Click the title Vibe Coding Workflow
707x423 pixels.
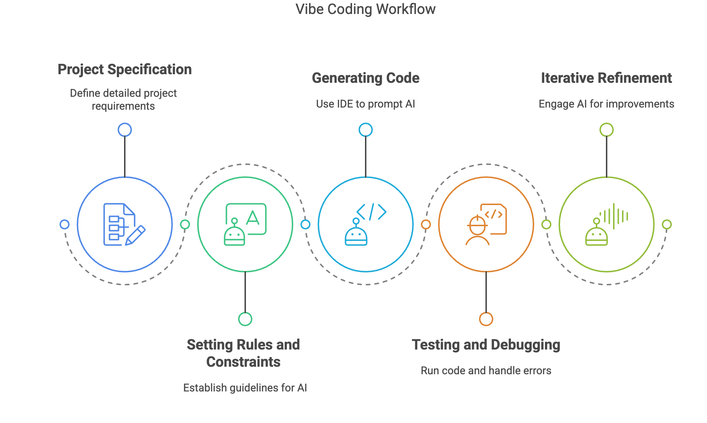click(365, 9)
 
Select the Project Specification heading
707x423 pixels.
click(125, 70)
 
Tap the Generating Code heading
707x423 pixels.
click(365, 78)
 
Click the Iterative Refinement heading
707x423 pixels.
click(606, 78)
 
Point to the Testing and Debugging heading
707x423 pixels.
click(486, 345)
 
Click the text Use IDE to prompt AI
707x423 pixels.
click(365, 104)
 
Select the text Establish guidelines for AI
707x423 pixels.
click(245, 388)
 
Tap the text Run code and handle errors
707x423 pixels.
click(486, 371)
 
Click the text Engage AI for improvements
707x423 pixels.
click(606, 104)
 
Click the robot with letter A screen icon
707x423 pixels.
click(245, 224)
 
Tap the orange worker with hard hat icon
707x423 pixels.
click(486, 224)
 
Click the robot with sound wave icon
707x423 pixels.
click(606, 224)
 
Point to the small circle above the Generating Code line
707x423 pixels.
click(365, 130)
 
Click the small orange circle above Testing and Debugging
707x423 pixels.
click(486, 319)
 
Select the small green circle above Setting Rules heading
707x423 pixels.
click(245, 319)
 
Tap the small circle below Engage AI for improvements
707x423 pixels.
click(606, 130)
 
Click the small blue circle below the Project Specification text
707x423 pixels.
click(125, 130)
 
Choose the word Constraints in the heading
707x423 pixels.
click(243, 362)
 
